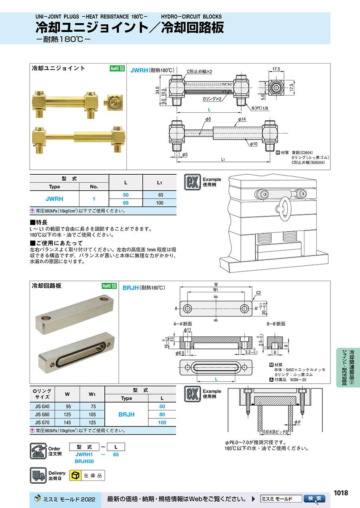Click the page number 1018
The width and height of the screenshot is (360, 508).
coord(341,492)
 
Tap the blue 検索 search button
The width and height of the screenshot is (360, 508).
coord(314,498)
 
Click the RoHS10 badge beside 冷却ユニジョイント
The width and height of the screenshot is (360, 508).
coord(117,68)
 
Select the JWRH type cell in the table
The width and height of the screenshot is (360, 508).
coord(54,199)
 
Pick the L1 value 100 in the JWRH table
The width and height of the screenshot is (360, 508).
coord(160,203)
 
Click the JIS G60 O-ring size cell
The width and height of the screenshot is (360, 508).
coord(42,414)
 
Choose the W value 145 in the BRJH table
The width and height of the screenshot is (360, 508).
coord(67,422)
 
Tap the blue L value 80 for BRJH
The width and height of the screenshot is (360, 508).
coord(162,414)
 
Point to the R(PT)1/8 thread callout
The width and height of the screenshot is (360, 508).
coord(260,108)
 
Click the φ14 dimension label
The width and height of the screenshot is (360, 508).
coord(242,119)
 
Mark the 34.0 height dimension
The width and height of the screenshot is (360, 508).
coord(158,90)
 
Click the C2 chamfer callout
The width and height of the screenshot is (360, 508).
coord(258,293)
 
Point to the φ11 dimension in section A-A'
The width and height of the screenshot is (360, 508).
coord(188,330)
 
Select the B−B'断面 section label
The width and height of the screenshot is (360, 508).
coord(276,324)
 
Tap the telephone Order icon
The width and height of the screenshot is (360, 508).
coord(38,451)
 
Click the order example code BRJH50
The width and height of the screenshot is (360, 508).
coord(84,461)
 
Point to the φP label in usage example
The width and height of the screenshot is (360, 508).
coord(298,422)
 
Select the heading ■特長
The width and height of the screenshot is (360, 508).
coord(38,222)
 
